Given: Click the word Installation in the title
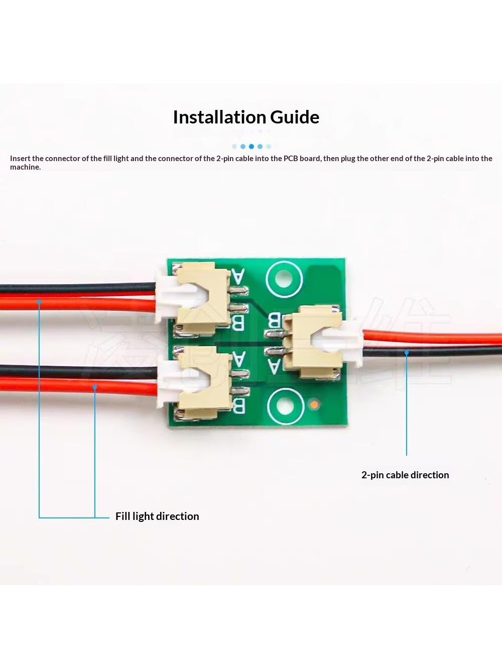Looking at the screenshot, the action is (x=219, y=117).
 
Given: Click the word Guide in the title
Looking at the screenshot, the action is (x=295, y=117).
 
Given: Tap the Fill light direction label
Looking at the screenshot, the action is (x=157, y=516).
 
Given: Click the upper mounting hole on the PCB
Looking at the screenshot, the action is (x=284, y=279).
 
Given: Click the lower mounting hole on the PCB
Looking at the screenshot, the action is (x=285, y=407).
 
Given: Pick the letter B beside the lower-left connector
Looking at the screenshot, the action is (x=239, y=405).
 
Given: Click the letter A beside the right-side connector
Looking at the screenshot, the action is (x=274, y=366).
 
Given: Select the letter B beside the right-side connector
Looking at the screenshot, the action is (x=274, y=320).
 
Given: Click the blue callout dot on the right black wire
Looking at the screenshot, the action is (x=406, y=353).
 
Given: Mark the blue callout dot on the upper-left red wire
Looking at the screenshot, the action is (x=39, y=302).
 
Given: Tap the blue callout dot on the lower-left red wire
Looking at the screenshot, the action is (x=95, y=387).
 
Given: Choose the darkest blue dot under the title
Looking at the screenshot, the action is (x=251, y=146).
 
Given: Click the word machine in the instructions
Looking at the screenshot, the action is (x=25, y=167).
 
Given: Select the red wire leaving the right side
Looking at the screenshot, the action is (x=432, y=340).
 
